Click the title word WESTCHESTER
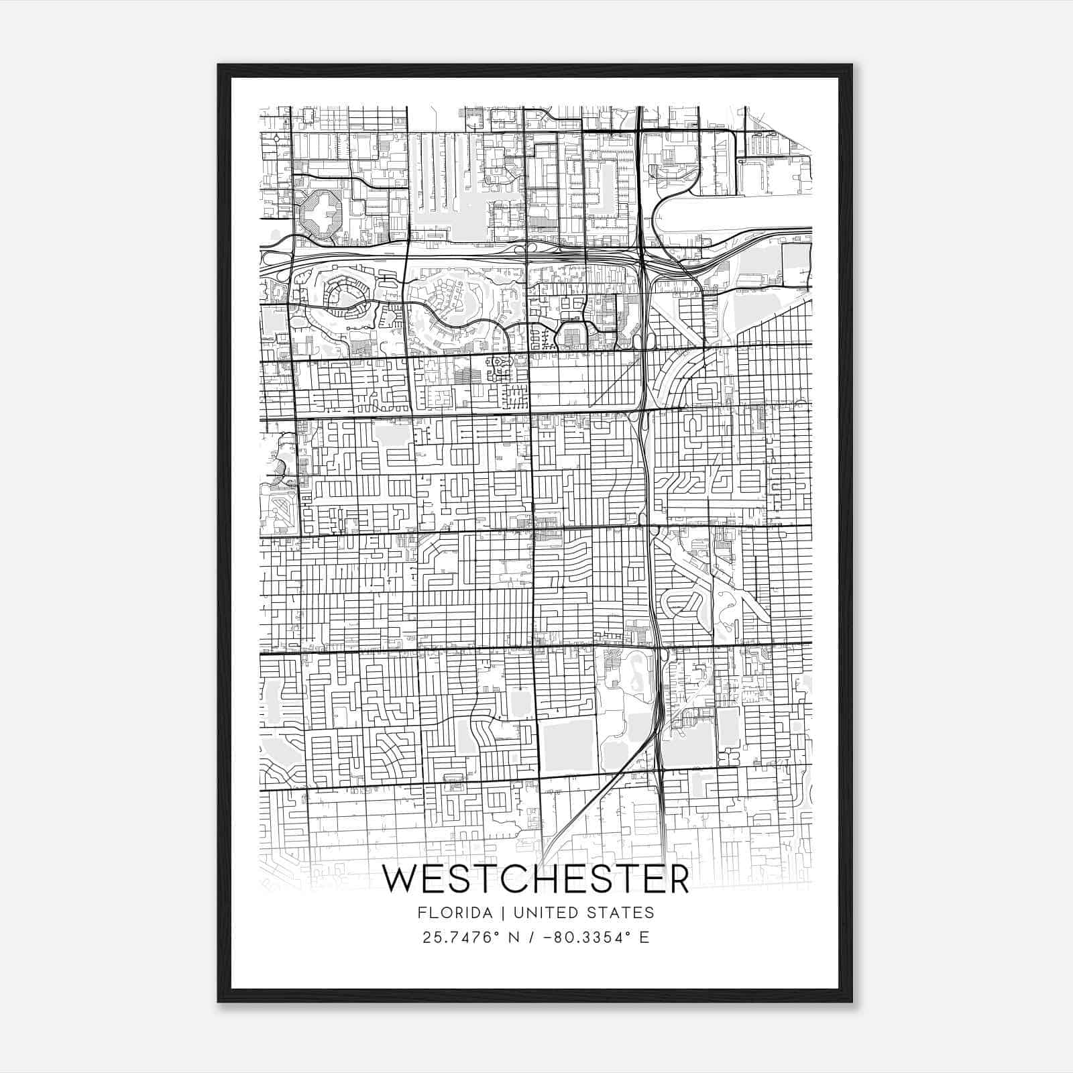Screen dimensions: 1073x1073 tap(535, 880)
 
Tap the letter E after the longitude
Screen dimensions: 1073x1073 tap(644, 937)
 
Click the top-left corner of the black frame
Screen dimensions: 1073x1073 tap(219, 65)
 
